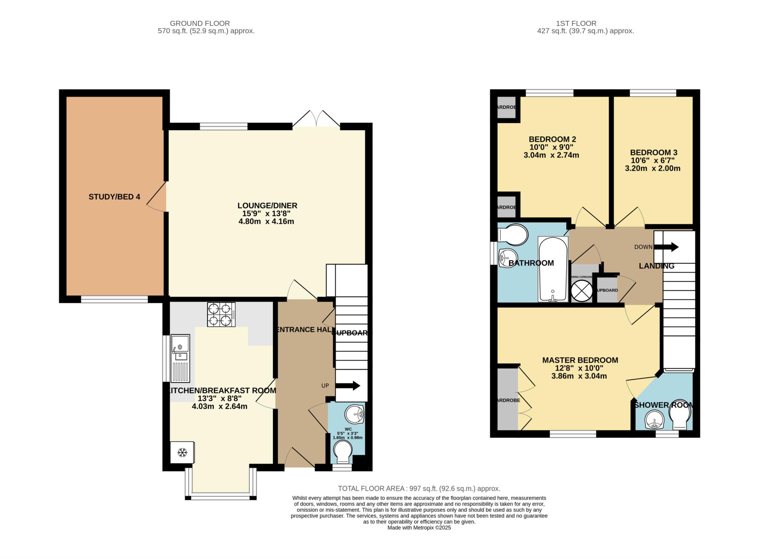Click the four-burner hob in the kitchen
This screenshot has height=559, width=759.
tap(221, 315)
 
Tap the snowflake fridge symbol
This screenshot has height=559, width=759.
tap(182, 452)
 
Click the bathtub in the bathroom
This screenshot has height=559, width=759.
tap(553, 269)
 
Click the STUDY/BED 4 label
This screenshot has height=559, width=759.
tap(114, 197)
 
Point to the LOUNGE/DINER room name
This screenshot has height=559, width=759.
tap(267, 205)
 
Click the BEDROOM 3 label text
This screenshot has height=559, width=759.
tap(654, 152)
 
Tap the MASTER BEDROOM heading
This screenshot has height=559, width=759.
tap(580, 360)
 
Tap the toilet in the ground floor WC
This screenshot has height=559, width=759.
tap(342, 452)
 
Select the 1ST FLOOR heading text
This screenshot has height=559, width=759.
tap(586, 23)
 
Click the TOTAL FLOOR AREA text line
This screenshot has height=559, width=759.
tap(419, 489)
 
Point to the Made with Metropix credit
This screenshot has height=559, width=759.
tap(419, 527)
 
